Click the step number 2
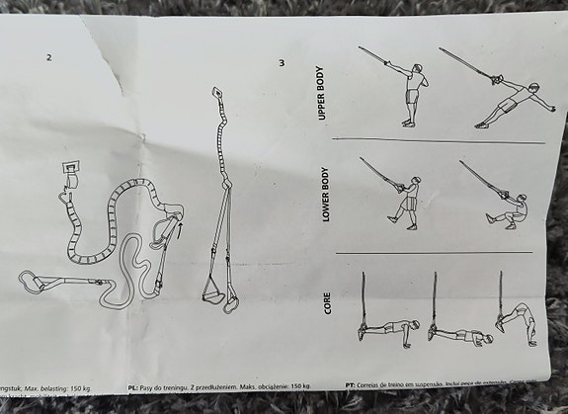(48, 56)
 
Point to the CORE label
(329, 303)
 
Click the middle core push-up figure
(452, 331)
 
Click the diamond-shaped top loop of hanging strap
(216, 97)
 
